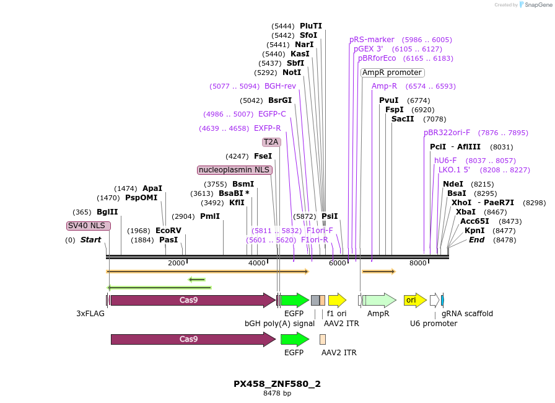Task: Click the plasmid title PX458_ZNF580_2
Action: coord(277,384)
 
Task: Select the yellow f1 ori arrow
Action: coord(336,300)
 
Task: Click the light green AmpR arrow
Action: coord(379,300)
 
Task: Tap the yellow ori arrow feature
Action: coord(414,300)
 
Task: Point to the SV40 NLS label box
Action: coord(89,226)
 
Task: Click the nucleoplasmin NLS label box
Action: coord(235,170)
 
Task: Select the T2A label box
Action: coord(271,142)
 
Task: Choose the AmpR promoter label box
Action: coord(392,73)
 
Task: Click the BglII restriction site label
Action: coord(107,212)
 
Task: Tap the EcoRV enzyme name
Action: coord(168,231)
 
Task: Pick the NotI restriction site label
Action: coord(292,73)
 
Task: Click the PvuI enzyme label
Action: coord(389,100)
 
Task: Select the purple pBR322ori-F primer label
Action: coord(447,133)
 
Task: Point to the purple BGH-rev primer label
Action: coord(280,86)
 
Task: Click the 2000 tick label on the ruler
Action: coord(177,263)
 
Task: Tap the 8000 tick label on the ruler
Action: coord(418,263)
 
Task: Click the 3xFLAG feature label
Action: coord(90,314)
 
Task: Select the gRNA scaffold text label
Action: coord(467,314)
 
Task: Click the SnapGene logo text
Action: coord(535,5)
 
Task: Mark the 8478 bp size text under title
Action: coord(277,393)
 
